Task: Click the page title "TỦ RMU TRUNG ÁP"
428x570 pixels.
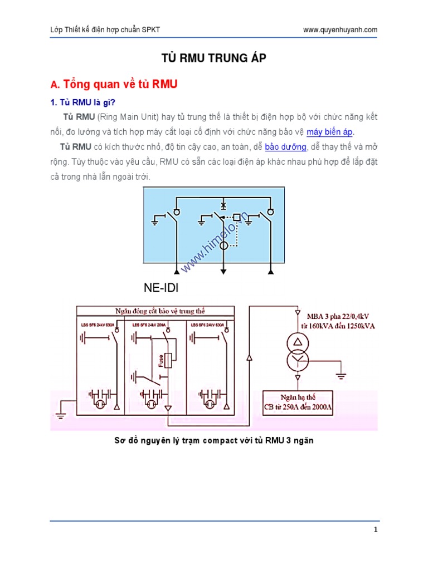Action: [x=214, y=58]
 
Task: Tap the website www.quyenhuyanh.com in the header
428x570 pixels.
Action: [x=340, y=30]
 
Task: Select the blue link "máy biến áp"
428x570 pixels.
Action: [x=330, y=132]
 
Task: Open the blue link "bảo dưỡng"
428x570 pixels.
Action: [x=285, y=147]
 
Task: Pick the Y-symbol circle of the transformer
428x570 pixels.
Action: [x=298, y=361]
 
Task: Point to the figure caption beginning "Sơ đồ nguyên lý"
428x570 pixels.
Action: [x=214, y=440]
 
